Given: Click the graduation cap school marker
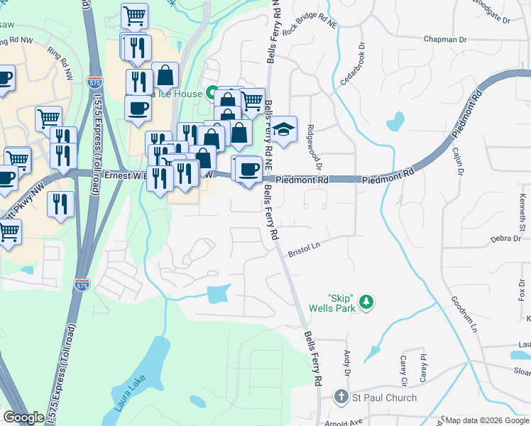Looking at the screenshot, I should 283,130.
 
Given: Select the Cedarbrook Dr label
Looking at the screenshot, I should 352,65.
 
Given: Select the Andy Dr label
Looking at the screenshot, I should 348,364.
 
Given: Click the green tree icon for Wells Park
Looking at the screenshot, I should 366,302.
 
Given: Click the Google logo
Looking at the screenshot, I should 24,417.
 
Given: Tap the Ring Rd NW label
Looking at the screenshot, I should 60,62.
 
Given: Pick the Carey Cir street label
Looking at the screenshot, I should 404,372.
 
